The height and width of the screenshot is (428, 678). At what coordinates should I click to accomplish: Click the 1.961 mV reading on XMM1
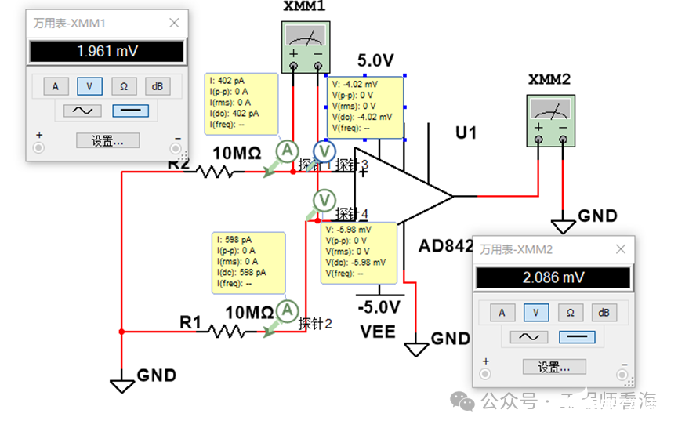coord(107,52)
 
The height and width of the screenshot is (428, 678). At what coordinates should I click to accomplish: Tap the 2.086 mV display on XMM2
coord(553,277)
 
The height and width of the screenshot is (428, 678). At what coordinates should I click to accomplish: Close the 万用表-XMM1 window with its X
coord(174,23)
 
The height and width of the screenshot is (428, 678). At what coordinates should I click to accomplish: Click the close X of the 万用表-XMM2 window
coord(620,249)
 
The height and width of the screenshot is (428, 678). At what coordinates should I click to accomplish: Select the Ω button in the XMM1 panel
coord(123,86)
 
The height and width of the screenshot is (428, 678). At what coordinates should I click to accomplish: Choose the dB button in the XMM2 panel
coord(604,312)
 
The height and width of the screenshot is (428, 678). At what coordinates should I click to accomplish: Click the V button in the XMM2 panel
coord(536,312)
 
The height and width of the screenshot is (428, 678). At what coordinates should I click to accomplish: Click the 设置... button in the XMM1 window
coord(107,141)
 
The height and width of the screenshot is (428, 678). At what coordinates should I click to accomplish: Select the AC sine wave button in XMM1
coord(82,111)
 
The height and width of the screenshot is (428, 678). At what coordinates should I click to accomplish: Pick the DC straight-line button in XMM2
coord(576,337)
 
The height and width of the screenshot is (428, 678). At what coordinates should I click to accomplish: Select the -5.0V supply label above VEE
coord(379,306)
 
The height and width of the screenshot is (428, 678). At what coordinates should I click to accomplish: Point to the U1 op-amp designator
coord(466,133)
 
